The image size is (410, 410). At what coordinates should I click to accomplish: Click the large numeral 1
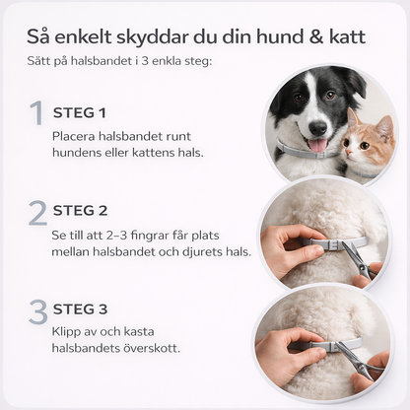(x=36, y=112)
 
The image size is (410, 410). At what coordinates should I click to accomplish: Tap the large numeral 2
(x=37, y=212)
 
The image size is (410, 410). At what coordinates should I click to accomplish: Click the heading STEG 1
(x=79, y=112)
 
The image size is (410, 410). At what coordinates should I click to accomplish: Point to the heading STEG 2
(x=80, y=211)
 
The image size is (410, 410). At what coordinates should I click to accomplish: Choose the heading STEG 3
(x=80, y=309)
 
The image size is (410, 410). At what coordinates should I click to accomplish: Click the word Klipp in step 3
(x=70, y=332)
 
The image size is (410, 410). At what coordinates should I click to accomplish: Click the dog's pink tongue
(x=317, y=146)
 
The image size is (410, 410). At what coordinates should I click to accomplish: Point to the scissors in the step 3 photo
(x=362, y=360)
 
